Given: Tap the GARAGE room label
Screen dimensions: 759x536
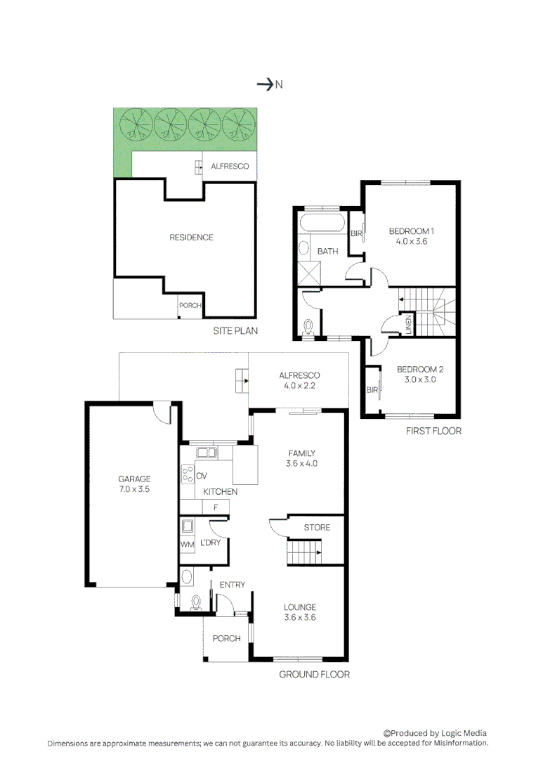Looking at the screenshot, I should click(134, 479).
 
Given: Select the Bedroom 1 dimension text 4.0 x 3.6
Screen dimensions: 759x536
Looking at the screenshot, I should click(412, 241).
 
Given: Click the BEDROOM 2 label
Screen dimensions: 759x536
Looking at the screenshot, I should click(420, 369).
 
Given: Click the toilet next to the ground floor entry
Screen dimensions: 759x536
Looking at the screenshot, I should click(195, 602).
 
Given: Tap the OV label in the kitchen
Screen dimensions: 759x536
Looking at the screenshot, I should click(201, 476).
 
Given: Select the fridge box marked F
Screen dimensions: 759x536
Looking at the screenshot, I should click(216, 507).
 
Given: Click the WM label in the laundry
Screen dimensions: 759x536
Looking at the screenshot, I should click(187, 545).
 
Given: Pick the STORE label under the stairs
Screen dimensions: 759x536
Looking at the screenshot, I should click(317, 527).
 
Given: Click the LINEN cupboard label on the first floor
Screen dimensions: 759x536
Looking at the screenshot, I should click(407, 324).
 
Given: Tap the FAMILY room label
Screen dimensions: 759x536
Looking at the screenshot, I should click(301, 453).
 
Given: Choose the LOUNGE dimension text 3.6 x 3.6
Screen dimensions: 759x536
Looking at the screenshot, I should click(300, 618).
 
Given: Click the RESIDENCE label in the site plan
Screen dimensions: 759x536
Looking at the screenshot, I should click(191, 238).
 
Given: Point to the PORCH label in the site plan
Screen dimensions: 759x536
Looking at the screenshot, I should click(190, 306).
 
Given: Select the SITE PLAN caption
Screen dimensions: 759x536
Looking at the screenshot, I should click(235, 330).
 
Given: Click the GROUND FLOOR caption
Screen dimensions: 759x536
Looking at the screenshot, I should click(314, 675).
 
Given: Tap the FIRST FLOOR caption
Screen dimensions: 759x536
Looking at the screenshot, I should click(433, 431).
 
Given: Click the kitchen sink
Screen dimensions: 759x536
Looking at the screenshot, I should click(207, 452).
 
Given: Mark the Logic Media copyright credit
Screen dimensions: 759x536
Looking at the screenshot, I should click(435, 732).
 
